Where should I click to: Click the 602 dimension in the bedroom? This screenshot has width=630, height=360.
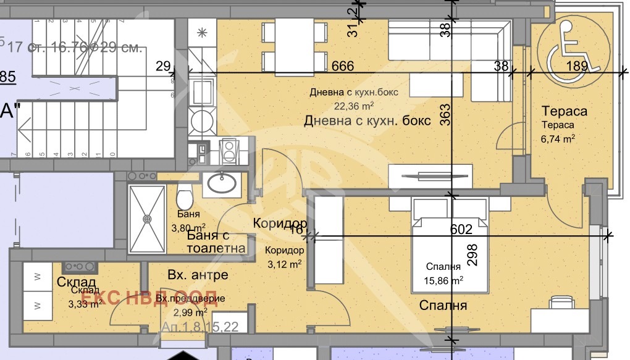(461, 229)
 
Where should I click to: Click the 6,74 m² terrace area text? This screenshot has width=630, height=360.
(558, 138)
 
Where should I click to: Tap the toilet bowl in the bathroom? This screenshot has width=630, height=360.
(185, 198)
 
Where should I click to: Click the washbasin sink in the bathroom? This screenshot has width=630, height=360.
(222, 183)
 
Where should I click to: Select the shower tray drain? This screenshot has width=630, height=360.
(147, 218)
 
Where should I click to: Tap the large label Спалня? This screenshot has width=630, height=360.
(443, 305)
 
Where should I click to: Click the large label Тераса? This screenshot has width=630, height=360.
(563, 111)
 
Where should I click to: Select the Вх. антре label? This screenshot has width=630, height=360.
(198, 275)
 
